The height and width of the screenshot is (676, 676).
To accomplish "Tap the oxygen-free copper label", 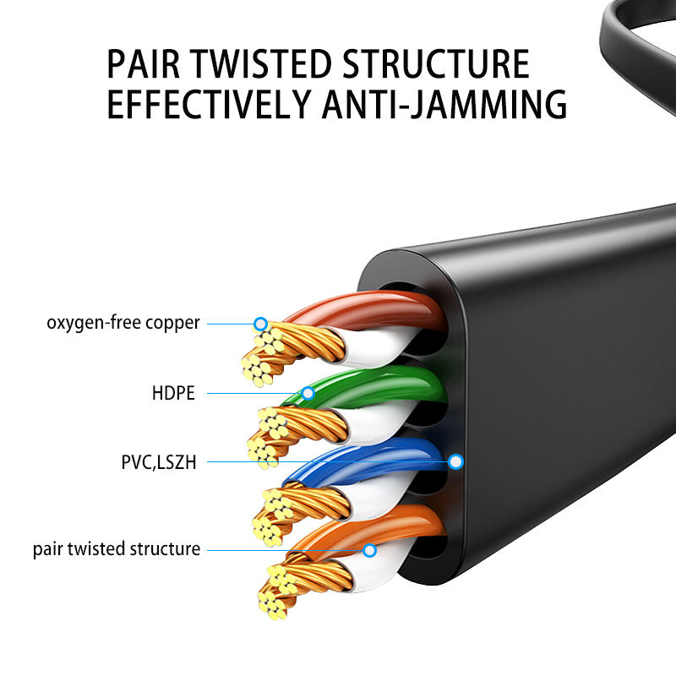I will point(123,323).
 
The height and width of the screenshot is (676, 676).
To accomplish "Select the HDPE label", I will point(173,393).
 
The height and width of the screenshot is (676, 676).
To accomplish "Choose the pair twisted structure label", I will point(117,549).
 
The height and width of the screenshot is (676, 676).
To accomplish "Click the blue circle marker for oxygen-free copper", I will point(260,324).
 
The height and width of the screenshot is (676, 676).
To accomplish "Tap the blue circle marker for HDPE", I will point(308,393).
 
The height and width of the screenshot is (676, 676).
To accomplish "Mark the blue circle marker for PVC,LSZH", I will point(456,461).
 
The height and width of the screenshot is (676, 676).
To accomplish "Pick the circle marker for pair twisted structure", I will point(369,550).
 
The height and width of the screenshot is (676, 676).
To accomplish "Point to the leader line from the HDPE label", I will point(253,393).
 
